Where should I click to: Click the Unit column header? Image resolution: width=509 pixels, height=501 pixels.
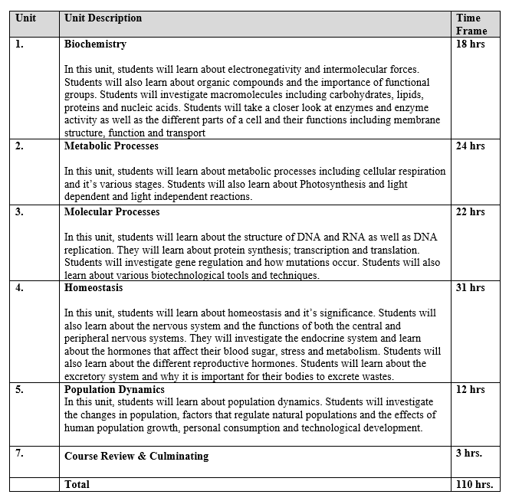pyautogui.click(x=25, y=18)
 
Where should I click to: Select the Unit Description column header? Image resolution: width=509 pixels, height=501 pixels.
pyautogui.click(x=103, y=18)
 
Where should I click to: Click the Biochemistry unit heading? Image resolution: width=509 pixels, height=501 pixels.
pyautogui.click(x=95, y=44)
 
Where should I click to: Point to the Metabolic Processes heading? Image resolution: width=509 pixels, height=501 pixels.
pyautogui.click(x=111, y=146)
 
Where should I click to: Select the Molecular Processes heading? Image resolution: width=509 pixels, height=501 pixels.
pyautogui.click(x=112, y=211)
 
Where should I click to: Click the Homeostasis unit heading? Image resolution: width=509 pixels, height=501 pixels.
pyautogui.click(x=94, y=288)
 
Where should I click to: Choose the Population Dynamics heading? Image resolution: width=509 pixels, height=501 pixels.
pyautogui.click(x=114, y=389)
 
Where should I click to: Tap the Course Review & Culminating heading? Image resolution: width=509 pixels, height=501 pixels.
pyautogui.click(x=136, y=456)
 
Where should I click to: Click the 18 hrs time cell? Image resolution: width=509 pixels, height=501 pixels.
pyautogui.click(x=470, y=44)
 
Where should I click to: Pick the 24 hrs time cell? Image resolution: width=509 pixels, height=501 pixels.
pyautogui.click(x=470, y=146)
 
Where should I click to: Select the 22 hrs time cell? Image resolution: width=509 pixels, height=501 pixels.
pyautogui.click(x=470, y=211)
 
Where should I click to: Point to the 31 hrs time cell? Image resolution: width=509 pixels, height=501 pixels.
pyautogui.click(x=470, y=288)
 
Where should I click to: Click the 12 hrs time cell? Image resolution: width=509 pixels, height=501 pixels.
pyautogui.click(x=470, y=389)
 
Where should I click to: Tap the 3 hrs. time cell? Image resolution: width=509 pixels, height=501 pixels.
pyautogui.click(x=468, y=453)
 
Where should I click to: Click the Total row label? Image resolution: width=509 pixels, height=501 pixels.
pyautogui.click(x=77, y=484)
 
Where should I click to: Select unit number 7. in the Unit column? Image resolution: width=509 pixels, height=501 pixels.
pyautogui.click(x=19, y=453)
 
